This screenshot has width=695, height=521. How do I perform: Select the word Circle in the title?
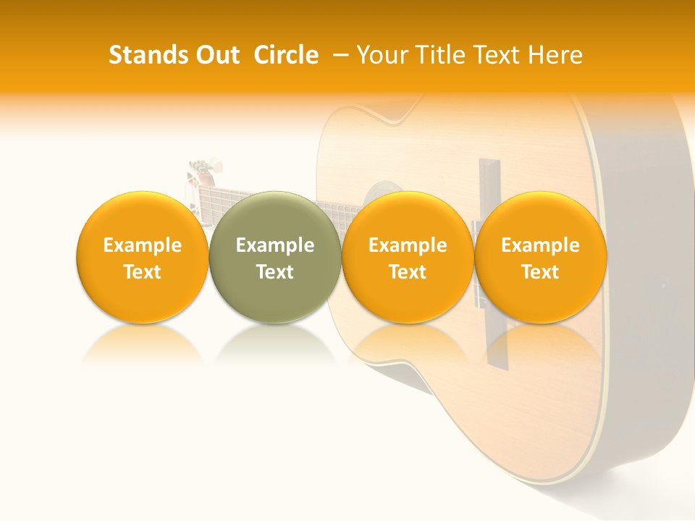(286, 55)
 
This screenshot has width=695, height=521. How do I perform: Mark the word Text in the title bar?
(495, 55)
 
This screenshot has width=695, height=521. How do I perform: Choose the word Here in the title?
(555, 55)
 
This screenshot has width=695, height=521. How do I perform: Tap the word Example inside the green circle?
(275, 245)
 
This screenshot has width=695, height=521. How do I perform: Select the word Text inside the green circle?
(275, 272)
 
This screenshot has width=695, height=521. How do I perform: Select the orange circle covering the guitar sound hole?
(408, 217)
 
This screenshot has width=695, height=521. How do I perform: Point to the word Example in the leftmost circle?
(142, 245)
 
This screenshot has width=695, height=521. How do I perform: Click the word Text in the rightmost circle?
(540, 272)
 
